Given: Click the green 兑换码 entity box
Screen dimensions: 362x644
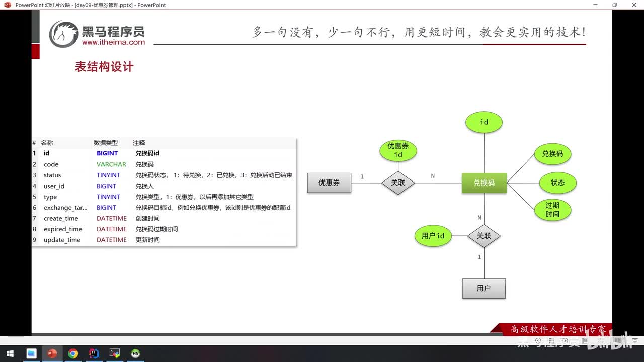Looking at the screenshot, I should pos(484,183).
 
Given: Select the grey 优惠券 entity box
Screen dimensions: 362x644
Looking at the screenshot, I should pos(329,183).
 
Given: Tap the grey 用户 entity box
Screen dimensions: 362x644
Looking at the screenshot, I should pos(484,288).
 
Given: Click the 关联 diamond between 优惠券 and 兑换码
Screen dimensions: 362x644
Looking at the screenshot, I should pos(398,183).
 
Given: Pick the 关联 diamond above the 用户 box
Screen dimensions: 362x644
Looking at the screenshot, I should pos(484,236).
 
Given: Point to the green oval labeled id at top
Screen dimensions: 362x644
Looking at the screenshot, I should pos(484,122).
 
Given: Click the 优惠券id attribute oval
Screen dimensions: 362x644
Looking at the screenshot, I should pos(398,150).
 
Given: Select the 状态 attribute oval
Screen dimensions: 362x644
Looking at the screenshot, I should pos(557,183).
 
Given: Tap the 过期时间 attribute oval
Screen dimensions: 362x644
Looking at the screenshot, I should pos(552,210).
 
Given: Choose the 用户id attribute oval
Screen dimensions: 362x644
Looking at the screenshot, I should pos(433,236).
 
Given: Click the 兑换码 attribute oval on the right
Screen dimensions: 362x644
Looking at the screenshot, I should pos(552,154).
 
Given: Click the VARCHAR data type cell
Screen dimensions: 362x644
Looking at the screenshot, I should pos(111,164).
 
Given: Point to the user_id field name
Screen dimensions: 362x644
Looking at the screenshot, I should pos(54,186).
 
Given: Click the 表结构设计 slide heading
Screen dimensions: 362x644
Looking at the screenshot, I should pos(104,67).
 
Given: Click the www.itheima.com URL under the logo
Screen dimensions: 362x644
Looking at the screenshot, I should pos(113,43).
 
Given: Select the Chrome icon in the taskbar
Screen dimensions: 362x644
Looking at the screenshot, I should pos(73,353).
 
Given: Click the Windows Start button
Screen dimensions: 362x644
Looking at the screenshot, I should pos(10,353).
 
